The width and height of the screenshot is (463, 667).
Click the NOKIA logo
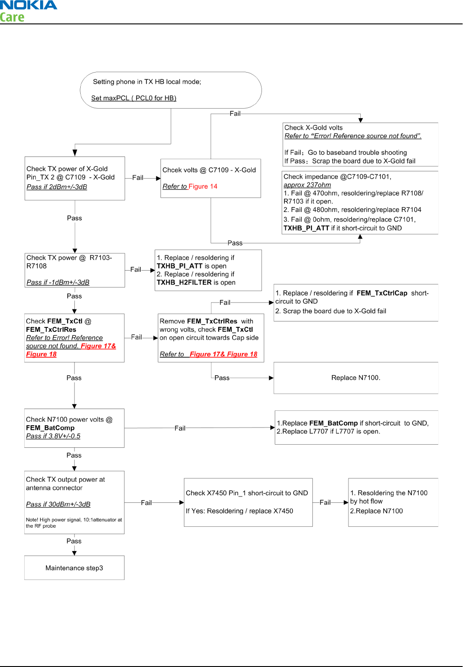tap(28, 5)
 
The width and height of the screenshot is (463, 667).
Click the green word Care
tap(12, 18)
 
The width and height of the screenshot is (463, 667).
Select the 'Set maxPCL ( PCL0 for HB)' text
tap(133, 98)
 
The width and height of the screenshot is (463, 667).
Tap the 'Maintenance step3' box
tap(74, 568)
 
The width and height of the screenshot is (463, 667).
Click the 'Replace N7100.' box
tap(356, 378)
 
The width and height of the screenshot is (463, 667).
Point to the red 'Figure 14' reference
tap(203, 186)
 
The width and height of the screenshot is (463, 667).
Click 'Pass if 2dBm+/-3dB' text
tap(57, 187)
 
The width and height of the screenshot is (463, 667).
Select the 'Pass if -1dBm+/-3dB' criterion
tap(58, 282)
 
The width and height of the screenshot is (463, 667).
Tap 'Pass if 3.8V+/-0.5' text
tap(53, 436)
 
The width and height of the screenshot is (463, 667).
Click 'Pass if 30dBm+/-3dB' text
tap(58, 504)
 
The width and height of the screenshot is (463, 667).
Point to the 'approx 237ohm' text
tap(307, 185)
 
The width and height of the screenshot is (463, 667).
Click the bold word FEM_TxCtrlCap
tap(382, 293)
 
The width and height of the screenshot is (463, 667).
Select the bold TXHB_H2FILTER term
tap(184, 282)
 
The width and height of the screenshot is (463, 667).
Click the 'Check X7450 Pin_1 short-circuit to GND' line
tap(247, 493)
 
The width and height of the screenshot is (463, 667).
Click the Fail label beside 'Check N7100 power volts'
tap(180, 428)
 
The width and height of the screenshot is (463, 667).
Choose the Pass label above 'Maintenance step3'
tap(74, 541)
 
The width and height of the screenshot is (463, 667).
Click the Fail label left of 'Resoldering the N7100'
tap(325, 502)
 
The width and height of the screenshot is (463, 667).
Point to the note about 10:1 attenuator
tap(74, 523)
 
